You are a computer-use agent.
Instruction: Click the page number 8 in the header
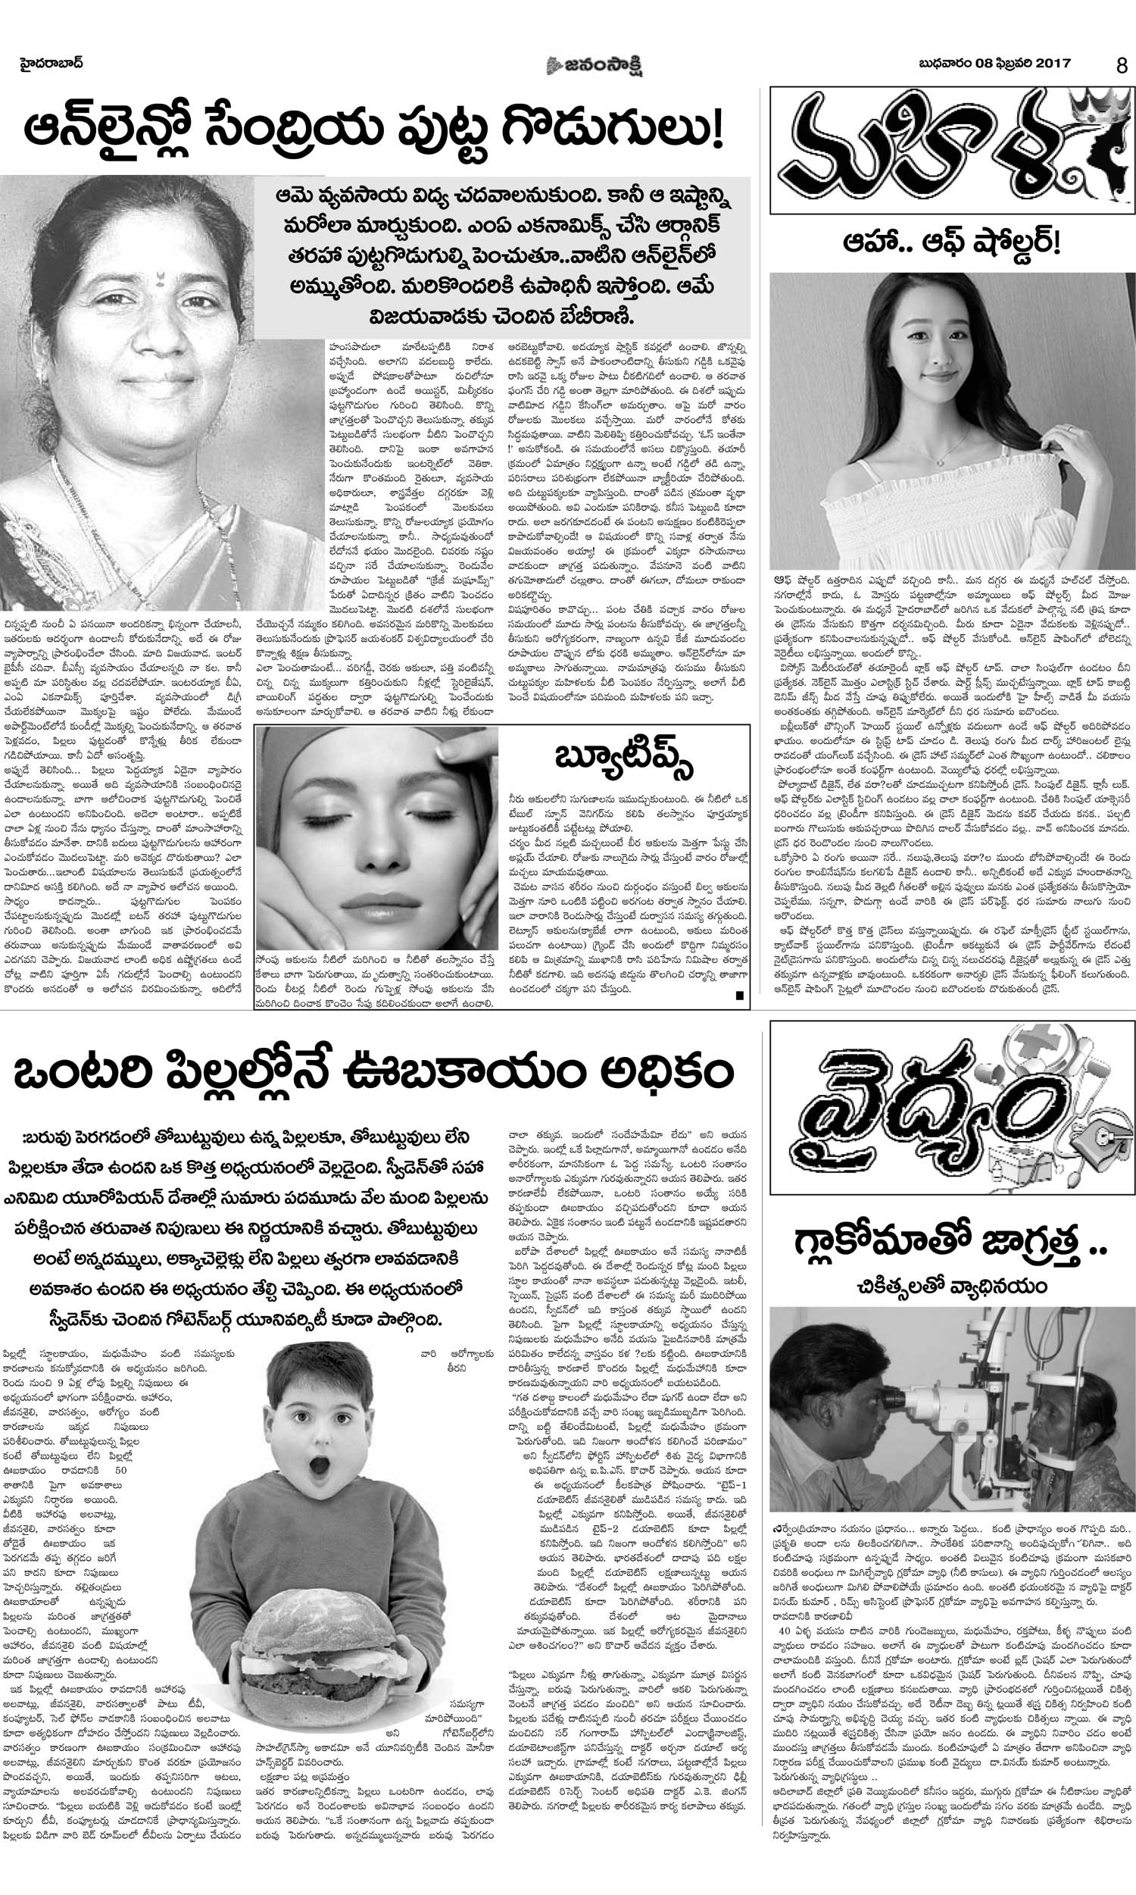pyautogui.click(x=1122, y=66)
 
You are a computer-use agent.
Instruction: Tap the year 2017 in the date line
pyautogui.click(x=1053, y=64)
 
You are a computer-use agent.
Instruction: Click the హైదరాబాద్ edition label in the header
pyautogui.click(x=51, y=64)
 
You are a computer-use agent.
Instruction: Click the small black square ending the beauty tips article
pyautogui.click(x=738, y=996)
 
